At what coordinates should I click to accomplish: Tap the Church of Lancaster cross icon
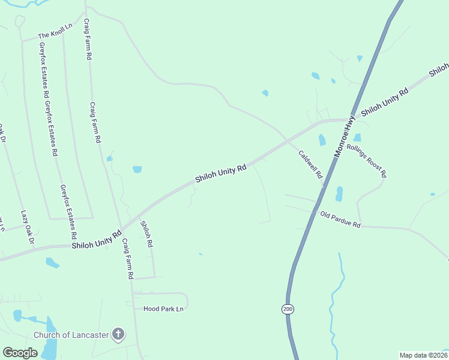coord(119,334)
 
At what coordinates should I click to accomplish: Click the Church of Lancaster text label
coord(71,335)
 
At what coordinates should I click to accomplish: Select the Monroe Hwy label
coord(346,139)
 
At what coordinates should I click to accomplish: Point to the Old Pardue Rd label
coord(340,220)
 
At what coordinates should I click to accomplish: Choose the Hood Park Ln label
coord(163,309)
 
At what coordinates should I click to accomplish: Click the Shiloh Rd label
coord(146,235)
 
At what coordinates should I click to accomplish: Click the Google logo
coord(20,353)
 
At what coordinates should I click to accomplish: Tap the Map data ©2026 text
coord(423,355)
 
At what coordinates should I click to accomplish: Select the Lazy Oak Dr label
coord(28,227)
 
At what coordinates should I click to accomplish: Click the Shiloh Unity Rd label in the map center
coord(220,175)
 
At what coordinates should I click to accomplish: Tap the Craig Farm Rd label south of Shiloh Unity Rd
coord(127,259)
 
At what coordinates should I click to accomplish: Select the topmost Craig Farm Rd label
coord(88,39)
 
